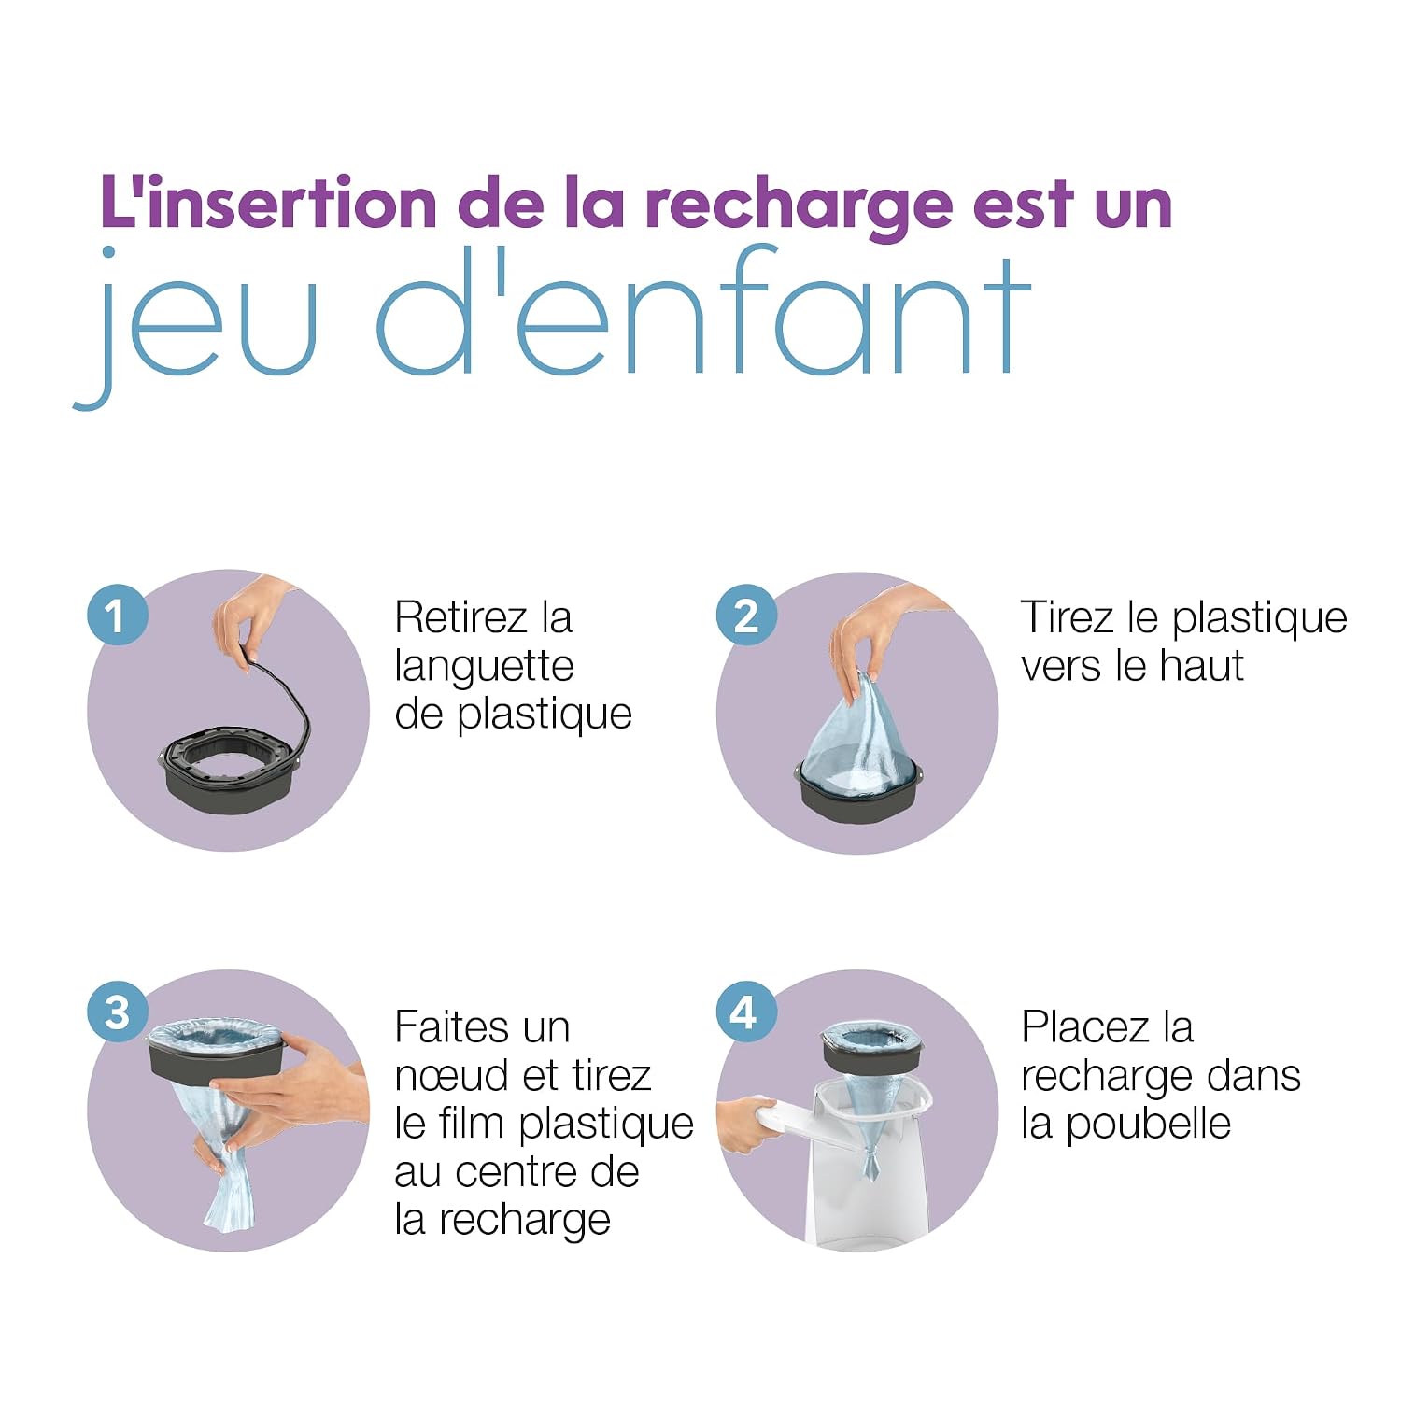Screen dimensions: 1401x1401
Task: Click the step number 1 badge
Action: click(117, 616)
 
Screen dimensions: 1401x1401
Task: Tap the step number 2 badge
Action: click(746, 616)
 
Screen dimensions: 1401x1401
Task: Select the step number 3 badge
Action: click(117, 1012)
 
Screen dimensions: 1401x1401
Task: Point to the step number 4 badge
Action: click(746, 1012)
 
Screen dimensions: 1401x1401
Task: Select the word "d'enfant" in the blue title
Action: click(704, 313)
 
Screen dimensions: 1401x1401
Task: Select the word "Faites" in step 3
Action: click(448, 1027)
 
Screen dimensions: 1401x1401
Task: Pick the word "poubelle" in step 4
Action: click(1149, 1125)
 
